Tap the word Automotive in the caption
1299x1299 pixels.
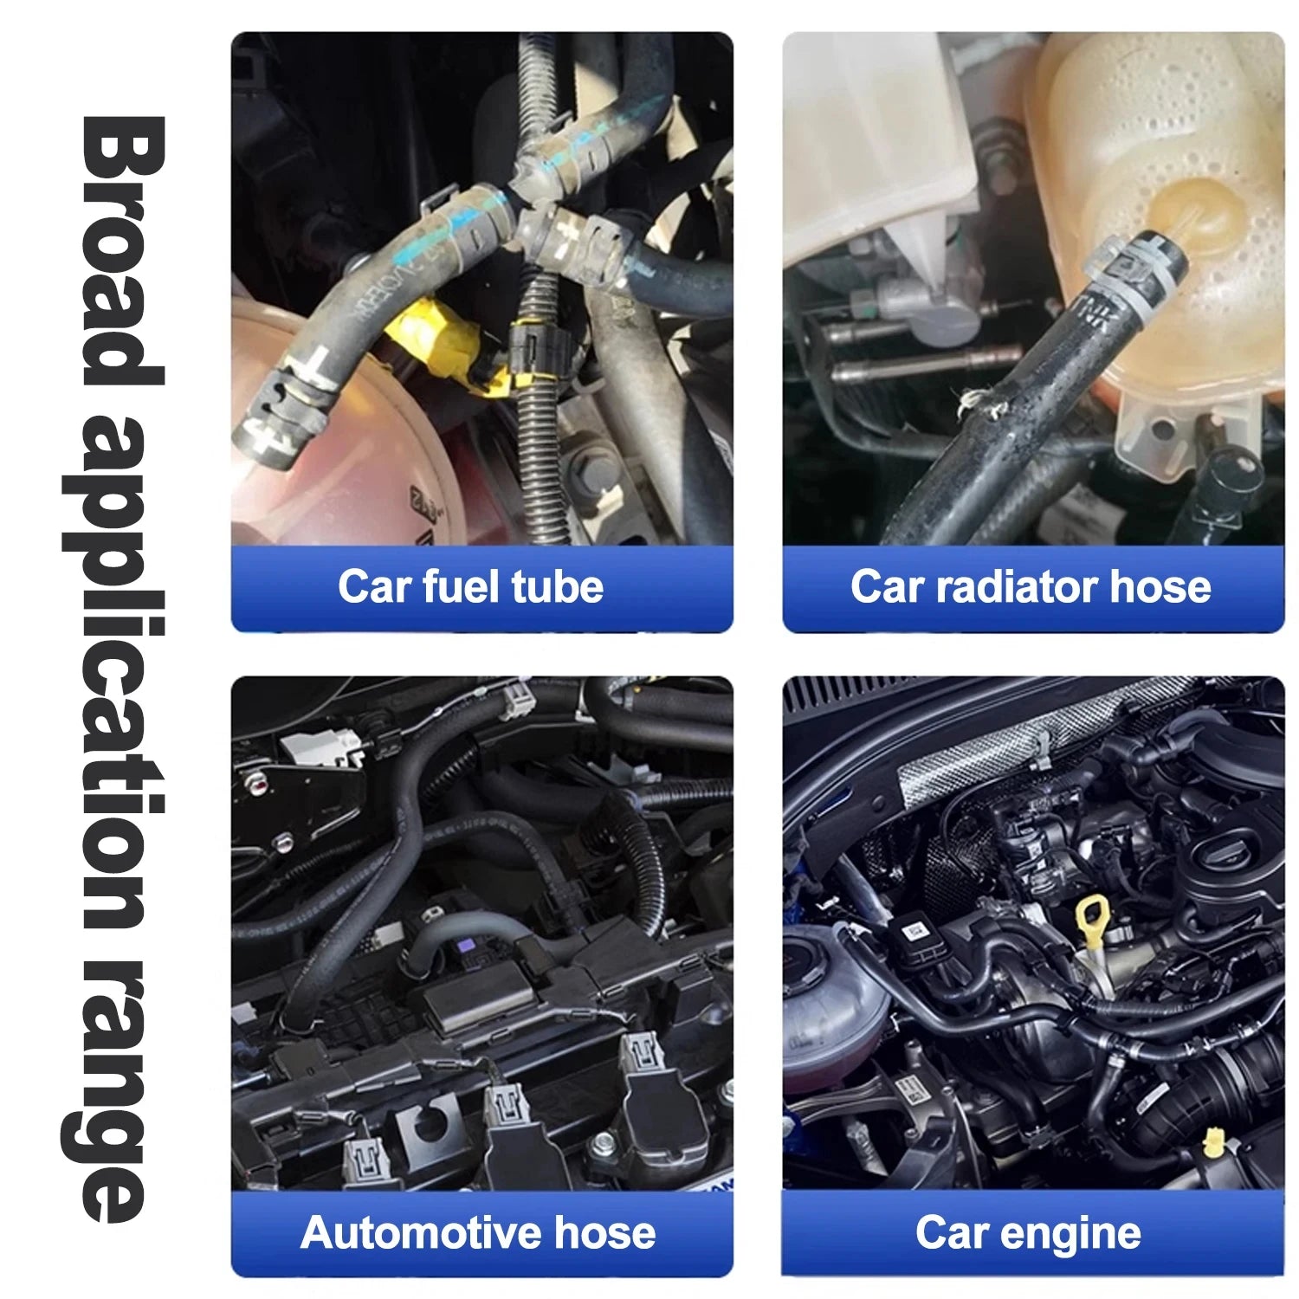(421, 1232)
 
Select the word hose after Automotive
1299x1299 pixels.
(604, 1232)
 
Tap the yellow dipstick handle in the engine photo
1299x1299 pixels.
(1094, 921)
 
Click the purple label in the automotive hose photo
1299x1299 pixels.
(469, 948)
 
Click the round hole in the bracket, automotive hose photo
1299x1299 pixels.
(430, 1126)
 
